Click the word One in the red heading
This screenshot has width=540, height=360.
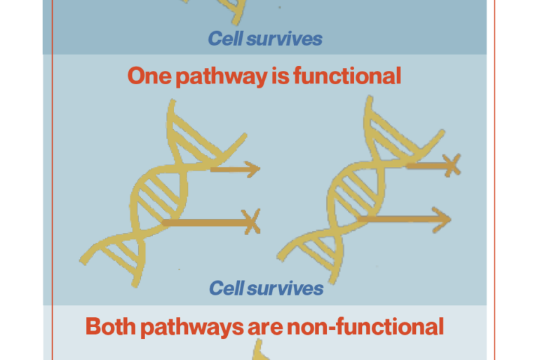click(x=149, y=76)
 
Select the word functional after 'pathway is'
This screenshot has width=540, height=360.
click(x=347, y=76)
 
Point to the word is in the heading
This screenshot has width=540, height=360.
click(x=281, y=76)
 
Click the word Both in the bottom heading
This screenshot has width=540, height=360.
click(x=111, y=326)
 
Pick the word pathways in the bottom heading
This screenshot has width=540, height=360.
click(x=192, y=328)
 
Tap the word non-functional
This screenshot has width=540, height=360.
click(x=365, y=326)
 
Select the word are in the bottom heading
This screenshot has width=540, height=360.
click(x=265, y=328)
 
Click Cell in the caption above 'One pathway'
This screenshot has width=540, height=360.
click(x=226, y=38)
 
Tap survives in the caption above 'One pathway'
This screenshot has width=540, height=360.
click(x=285, y=39)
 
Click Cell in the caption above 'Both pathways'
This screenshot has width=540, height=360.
click(x=227, y=288)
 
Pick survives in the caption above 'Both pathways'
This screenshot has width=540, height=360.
click(x=285, y=288)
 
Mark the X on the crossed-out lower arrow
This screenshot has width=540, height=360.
click(x=252, y=222)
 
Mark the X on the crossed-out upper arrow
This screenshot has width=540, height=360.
click(x=452, y=166)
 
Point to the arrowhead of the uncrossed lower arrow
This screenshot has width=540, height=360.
click(x=442, y=220)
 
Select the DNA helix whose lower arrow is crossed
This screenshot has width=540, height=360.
click(x=162, y=193)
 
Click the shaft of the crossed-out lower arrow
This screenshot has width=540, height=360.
click(x=207, y=222)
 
